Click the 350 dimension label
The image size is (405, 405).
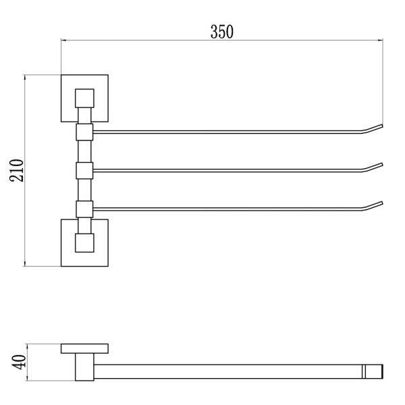coord(222,32)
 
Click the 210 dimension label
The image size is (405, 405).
coord(16,171)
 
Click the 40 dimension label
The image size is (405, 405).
coord(19,362)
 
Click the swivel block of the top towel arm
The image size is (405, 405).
coord(84,132)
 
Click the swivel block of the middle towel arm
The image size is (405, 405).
coord(84,171)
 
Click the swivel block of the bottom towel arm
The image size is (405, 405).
coord(84,209)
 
